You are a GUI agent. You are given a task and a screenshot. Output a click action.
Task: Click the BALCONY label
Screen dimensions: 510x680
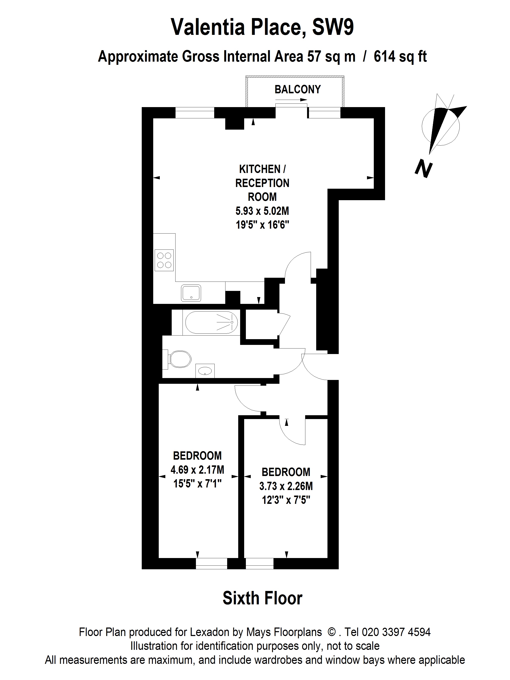tap(297, 89)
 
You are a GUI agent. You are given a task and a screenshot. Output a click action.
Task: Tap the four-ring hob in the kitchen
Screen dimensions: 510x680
tap(164, 260)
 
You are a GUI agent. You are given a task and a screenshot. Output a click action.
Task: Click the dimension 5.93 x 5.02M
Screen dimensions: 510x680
tap(262, 211)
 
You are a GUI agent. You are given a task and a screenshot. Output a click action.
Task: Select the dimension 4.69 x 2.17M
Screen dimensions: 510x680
tap(197, 470)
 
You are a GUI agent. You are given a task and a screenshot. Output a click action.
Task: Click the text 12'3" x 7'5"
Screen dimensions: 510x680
tap(286, 500)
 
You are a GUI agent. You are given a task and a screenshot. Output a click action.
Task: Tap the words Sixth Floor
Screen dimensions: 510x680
tap(262, 598)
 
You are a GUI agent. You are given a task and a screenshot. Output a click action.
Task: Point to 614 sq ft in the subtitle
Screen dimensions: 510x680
tap(400, 57)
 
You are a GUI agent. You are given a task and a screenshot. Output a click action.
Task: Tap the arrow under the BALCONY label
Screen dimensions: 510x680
tap(291, 100)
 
